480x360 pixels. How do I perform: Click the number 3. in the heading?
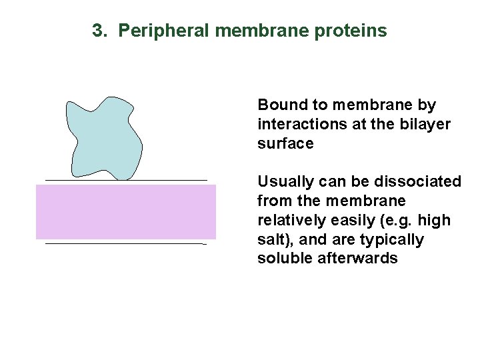pyautogui.click(x=99, y=31)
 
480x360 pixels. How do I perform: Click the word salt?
pyautogui.click(x=271, y=239)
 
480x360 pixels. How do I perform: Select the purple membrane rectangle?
pyautogui.click(x=126, y=212)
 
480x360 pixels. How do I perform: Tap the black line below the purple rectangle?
pyautogui.click(x=126, y=244)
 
